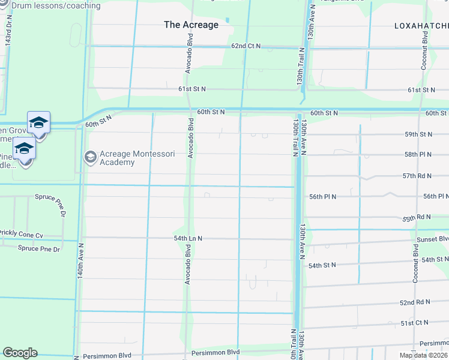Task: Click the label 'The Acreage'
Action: (x=191, y=25)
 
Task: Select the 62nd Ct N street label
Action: (x=246, y=46)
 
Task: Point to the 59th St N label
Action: (x=435, y=134)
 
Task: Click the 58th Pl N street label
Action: (x=435, y=155)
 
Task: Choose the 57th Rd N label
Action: (x=433, y=176)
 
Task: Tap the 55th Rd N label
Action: (x=433, y=217)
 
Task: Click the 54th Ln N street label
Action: (x=188, y=238)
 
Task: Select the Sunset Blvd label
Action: (x=432, y=238)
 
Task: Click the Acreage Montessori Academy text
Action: (x=137, y=158)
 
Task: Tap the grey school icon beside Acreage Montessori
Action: (x=91, y=157)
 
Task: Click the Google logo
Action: (x=20, y=353)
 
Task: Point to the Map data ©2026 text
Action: (x=424, y=355)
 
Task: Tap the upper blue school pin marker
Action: (x=38, y=122)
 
